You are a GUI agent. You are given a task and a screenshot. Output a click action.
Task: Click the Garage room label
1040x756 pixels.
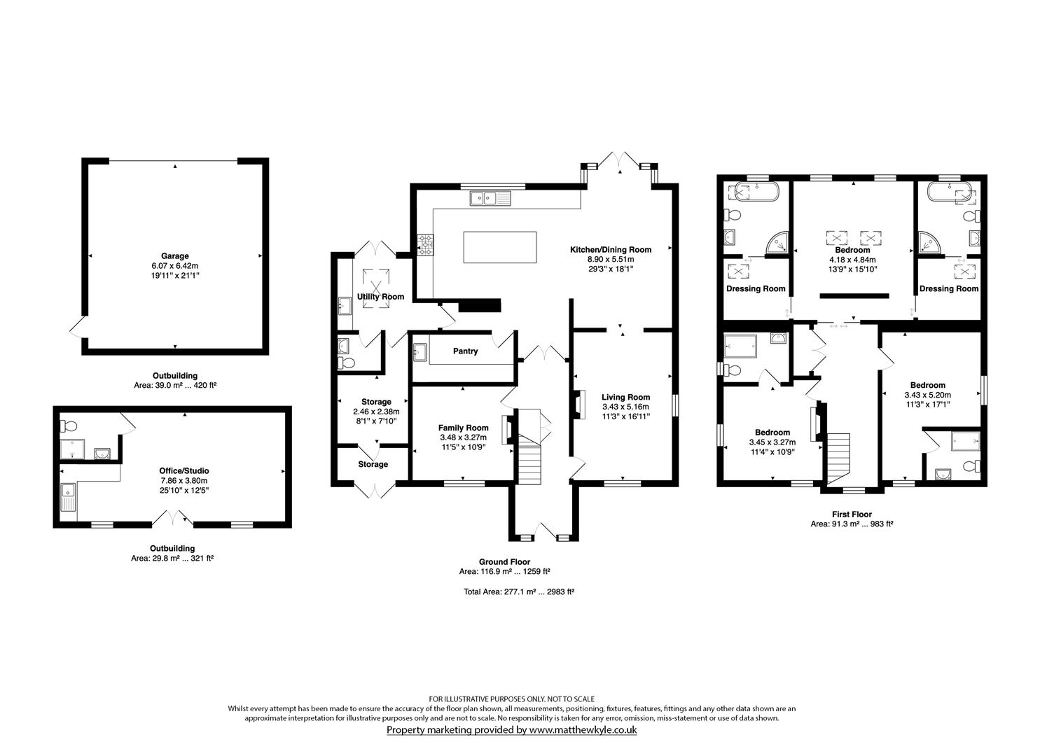click(x=175, y=256)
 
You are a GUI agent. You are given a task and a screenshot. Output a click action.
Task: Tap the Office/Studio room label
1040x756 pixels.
click(x=185, y=471)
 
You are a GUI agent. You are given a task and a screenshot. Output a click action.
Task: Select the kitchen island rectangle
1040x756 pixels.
click(x=499, y=247)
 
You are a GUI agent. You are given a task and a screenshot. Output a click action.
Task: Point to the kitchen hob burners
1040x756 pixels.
click(x=425, y=246)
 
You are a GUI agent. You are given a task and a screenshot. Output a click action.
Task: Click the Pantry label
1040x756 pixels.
click(x=465, y=351)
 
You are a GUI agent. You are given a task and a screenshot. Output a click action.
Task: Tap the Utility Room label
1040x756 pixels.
click(x=380, y=297)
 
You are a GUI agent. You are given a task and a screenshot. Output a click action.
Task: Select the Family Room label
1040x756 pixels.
click(x=463, y=428)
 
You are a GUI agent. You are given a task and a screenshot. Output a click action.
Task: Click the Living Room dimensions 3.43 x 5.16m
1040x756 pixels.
click(x=625, y=407)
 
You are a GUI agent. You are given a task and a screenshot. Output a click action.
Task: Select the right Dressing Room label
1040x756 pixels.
click(x=948, y=288)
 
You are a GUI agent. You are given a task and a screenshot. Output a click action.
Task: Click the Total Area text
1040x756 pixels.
click(x=518, y=592)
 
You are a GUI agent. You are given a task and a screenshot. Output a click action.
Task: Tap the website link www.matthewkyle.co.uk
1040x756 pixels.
click(x=582, y=730)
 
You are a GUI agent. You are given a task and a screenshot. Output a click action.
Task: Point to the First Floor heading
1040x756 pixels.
click(x=852, y=514)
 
